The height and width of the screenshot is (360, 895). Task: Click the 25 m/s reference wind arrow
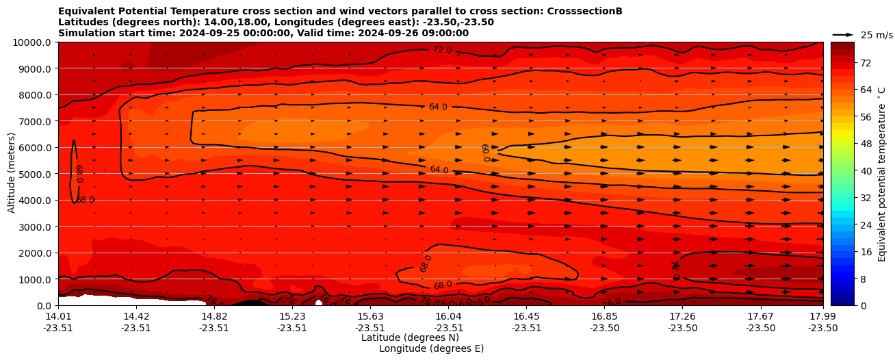[843, 34]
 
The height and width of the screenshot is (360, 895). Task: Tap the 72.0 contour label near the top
[442, 50]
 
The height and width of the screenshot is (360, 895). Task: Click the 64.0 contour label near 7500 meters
[438, 107]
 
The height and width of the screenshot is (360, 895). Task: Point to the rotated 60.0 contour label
[485, 152]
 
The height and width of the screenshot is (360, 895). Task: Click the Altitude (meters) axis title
[12, 174]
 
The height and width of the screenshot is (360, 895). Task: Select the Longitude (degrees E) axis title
[431, 348]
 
